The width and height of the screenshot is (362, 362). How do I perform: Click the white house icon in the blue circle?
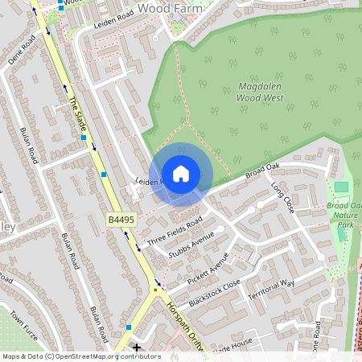(181, 173)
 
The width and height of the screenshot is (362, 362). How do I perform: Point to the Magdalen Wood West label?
(260, 92)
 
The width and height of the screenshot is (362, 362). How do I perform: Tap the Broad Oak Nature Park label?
(345, 215)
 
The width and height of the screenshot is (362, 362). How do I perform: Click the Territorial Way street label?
(271, 290)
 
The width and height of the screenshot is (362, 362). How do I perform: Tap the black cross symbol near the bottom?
(137, 348)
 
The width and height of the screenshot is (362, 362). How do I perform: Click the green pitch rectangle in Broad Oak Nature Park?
(342, 187)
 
